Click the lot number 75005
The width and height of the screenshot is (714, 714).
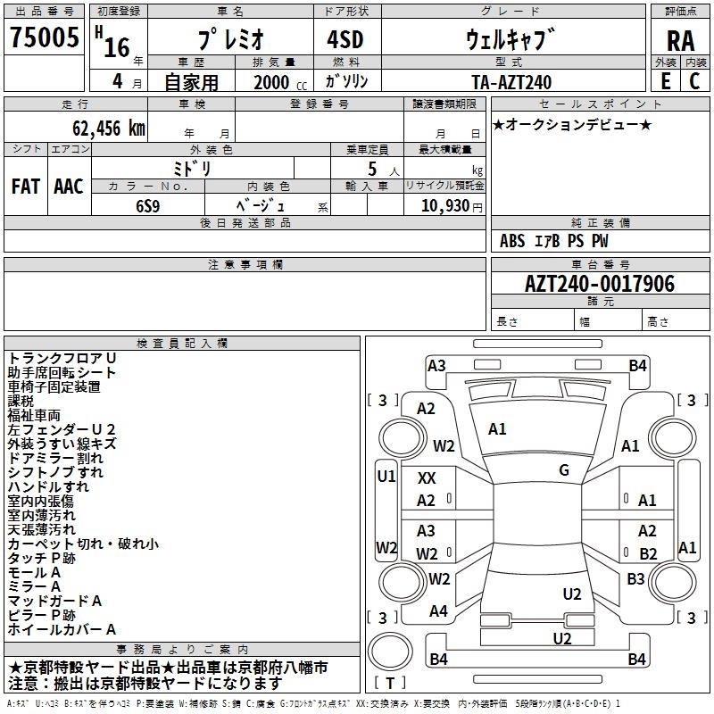(x=44, y=37)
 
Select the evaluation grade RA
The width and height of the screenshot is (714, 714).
(x=680, y=41)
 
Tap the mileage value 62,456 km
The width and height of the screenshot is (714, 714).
(x=109, y=129)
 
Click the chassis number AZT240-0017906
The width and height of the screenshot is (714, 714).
(x=600, y=283)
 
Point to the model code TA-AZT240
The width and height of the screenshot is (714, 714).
(x=511, y=82)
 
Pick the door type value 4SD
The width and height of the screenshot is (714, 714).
(x=345, y=39)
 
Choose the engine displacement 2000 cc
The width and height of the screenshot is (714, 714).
(x=280, y=82)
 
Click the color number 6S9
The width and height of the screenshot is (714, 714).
(x=148, y=206)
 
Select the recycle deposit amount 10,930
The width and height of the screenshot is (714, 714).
(x=445, y=205)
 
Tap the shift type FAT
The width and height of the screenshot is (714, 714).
(x=26, y=187)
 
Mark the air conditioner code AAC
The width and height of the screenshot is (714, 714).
(x=69, y=187)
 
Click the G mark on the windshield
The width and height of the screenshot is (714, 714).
(x=564, y=470)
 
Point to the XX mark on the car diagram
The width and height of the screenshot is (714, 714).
(x=427, y=478)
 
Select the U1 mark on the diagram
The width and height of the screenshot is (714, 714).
(x=386, y=477)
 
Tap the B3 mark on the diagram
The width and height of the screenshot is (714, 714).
(x=635, y=578)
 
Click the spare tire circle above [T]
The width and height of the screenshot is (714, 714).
(x=390, y=652)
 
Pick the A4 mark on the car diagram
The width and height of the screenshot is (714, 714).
(x=438, y=610)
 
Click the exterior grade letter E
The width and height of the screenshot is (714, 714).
(x=665, y=81)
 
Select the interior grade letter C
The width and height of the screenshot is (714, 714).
(x=694, y=81)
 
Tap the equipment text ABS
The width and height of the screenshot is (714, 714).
(x=512, y=241)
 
